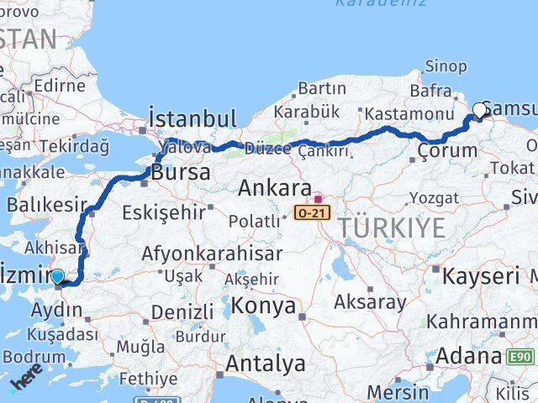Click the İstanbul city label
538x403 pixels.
pyautogui.click(x=192, y=117)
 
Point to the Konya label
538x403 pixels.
pyautogui.click(x=263, y=305)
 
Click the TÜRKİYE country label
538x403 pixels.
pyautogui.click(x=391, y=226)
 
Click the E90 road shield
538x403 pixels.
pyautogui.click(x=521, y=358)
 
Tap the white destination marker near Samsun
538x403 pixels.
pyautogui.click(x=480, y=109)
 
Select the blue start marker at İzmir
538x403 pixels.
pyautogui.click(x=56, y=275)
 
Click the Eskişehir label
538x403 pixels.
pyautogui.click(x=163, y=212)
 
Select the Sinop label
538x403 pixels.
pyautogui.click(x=446, y=66)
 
